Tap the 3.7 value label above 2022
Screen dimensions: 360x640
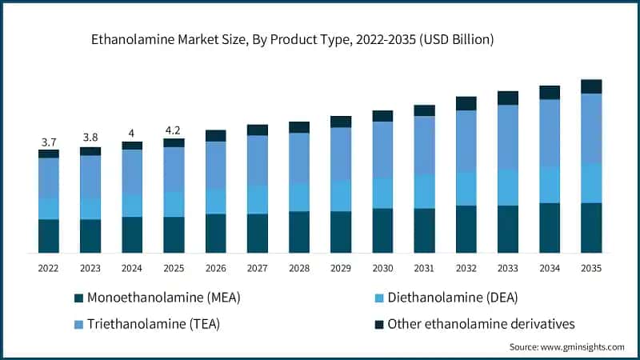[x=49, y=142]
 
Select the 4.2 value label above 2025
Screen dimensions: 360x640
[x=174, y=130]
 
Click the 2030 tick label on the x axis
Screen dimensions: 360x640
[x=382, y=268]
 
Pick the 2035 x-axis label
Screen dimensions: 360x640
[x=591, y=268]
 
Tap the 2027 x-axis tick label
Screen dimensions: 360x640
[x=258, y=268]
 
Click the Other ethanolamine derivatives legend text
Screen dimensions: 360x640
[x=481, y=324]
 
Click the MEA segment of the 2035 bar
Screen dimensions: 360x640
[x=591, y=227]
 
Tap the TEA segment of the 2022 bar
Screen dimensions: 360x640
[x=49, y=178]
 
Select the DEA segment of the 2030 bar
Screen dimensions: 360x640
[x=382, y=193]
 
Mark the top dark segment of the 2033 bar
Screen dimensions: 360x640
[x=508, y=98]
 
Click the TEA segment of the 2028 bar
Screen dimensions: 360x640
[x=299, y=158]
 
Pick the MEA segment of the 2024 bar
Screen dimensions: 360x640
[x=132, y=234]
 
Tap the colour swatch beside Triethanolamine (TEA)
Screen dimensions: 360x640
[x=78, y=325]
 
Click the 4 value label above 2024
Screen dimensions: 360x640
[x=132, y=133]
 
